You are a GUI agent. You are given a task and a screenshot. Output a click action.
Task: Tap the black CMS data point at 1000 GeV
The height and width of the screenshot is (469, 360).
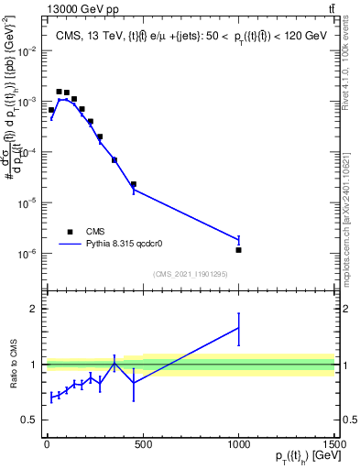238,249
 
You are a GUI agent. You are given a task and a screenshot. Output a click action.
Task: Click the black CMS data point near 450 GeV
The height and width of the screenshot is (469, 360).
133,184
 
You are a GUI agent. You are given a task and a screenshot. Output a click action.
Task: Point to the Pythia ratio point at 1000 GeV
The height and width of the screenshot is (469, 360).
238,328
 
